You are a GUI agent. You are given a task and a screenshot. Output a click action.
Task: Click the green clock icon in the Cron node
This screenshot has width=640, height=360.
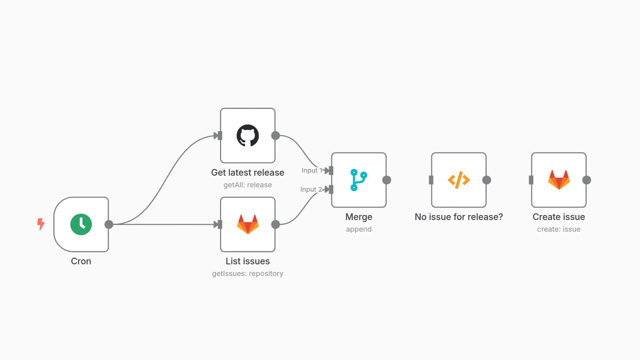coord(81,224)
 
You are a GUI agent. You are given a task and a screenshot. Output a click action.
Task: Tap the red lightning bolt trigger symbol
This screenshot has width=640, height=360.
coord(41,224)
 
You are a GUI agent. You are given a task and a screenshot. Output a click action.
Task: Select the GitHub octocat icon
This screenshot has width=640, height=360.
coord(248,136)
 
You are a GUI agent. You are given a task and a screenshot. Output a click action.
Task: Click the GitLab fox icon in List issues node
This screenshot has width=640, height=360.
coord(248,224)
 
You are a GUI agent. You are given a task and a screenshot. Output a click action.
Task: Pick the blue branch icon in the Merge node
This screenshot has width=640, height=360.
coord(359,180)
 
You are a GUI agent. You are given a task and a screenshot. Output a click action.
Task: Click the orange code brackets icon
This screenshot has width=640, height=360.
coord(459,180)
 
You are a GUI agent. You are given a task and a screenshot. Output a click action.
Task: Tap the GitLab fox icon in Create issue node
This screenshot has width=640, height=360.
coord(559,180)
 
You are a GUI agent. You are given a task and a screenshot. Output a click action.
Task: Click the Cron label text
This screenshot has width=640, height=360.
coord(81,261)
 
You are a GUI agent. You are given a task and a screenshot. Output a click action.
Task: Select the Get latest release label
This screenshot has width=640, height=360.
coord(248,172)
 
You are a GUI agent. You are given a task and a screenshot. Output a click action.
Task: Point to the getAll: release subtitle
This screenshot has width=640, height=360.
coord(248,185)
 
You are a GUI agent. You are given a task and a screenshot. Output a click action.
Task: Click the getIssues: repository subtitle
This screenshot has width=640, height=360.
coord(248,273)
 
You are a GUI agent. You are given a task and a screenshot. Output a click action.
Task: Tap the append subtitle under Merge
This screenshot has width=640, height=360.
coord(359,229)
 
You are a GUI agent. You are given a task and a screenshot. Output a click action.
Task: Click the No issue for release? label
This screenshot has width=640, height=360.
coord(459,217)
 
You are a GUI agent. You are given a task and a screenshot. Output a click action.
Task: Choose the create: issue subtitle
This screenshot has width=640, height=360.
coord(559,229)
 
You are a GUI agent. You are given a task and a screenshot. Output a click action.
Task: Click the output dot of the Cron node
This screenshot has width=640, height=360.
coord(109,224)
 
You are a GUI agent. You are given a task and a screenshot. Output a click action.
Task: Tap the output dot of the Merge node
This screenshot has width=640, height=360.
coord(387,180)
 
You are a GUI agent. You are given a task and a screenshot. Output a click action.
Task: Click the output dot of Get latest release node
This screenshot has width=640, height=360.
coord(276,136)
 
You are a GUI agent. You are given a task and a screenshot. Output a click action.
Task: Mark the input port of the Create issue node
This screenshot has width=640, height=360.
coord(531,180)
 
